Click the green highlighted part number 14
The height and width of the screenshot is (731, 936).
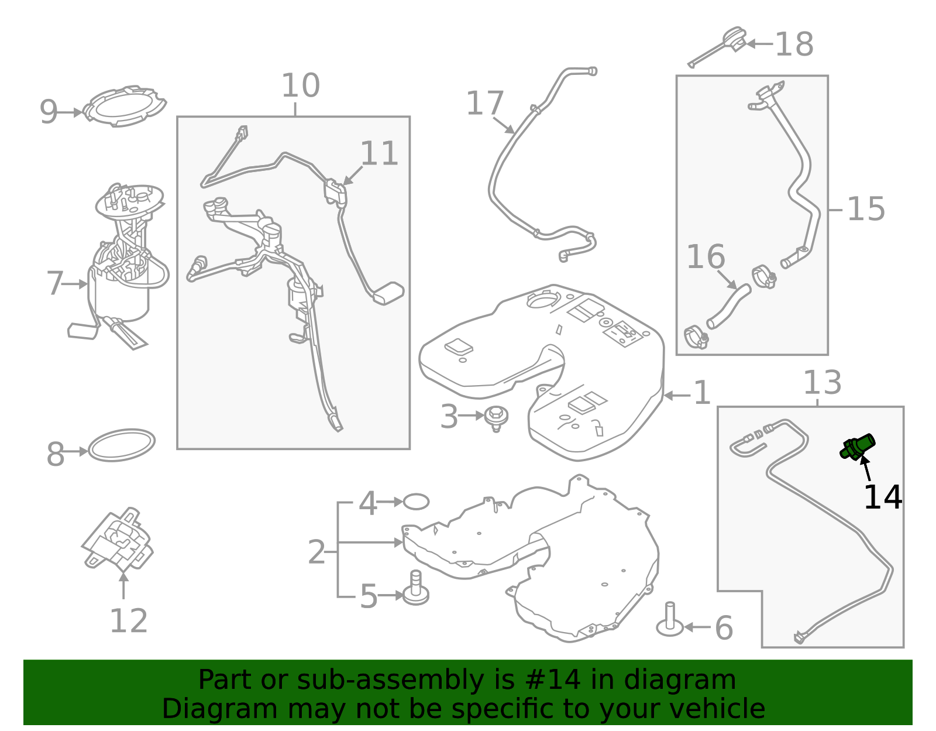[x=857, y=448]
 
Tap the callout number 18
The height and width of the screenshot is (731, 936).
[x=794, y=44]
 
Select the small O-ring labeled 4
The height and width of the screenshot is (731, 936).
[x=416, y=502]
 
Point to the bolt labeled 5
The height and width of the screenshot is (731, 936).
[x=416, y=589]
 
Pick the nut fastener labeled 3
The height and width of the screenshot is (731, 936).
[x=496, y=418]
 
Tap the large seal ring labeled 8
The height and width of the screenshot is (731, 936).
[x=122, y=445]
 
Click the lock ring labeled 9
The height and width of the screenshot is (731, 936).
[x=125, y=107]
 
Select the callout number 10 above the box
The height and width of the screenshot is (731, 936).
[x=301, y=85]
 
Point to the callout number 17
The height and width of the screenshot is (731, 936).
[x=485, y=104]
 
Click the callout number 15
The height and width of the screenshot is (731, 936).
[x=866, y=210]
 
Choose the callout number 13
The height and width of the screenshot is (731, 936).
[x=823, y=383]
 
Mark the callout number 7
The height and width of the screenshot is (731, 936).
[x=55, y=284]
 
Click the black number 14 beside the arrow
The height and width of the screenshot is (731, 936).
[x=883, y=497]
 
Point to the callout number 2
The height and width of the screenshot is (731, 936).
[x=316, y=552]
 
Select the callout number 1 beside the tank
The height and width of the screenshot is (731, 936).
[x=702, y=393]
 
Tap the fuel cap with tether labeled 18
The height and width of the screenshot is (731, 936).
[x=718, y=47]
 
